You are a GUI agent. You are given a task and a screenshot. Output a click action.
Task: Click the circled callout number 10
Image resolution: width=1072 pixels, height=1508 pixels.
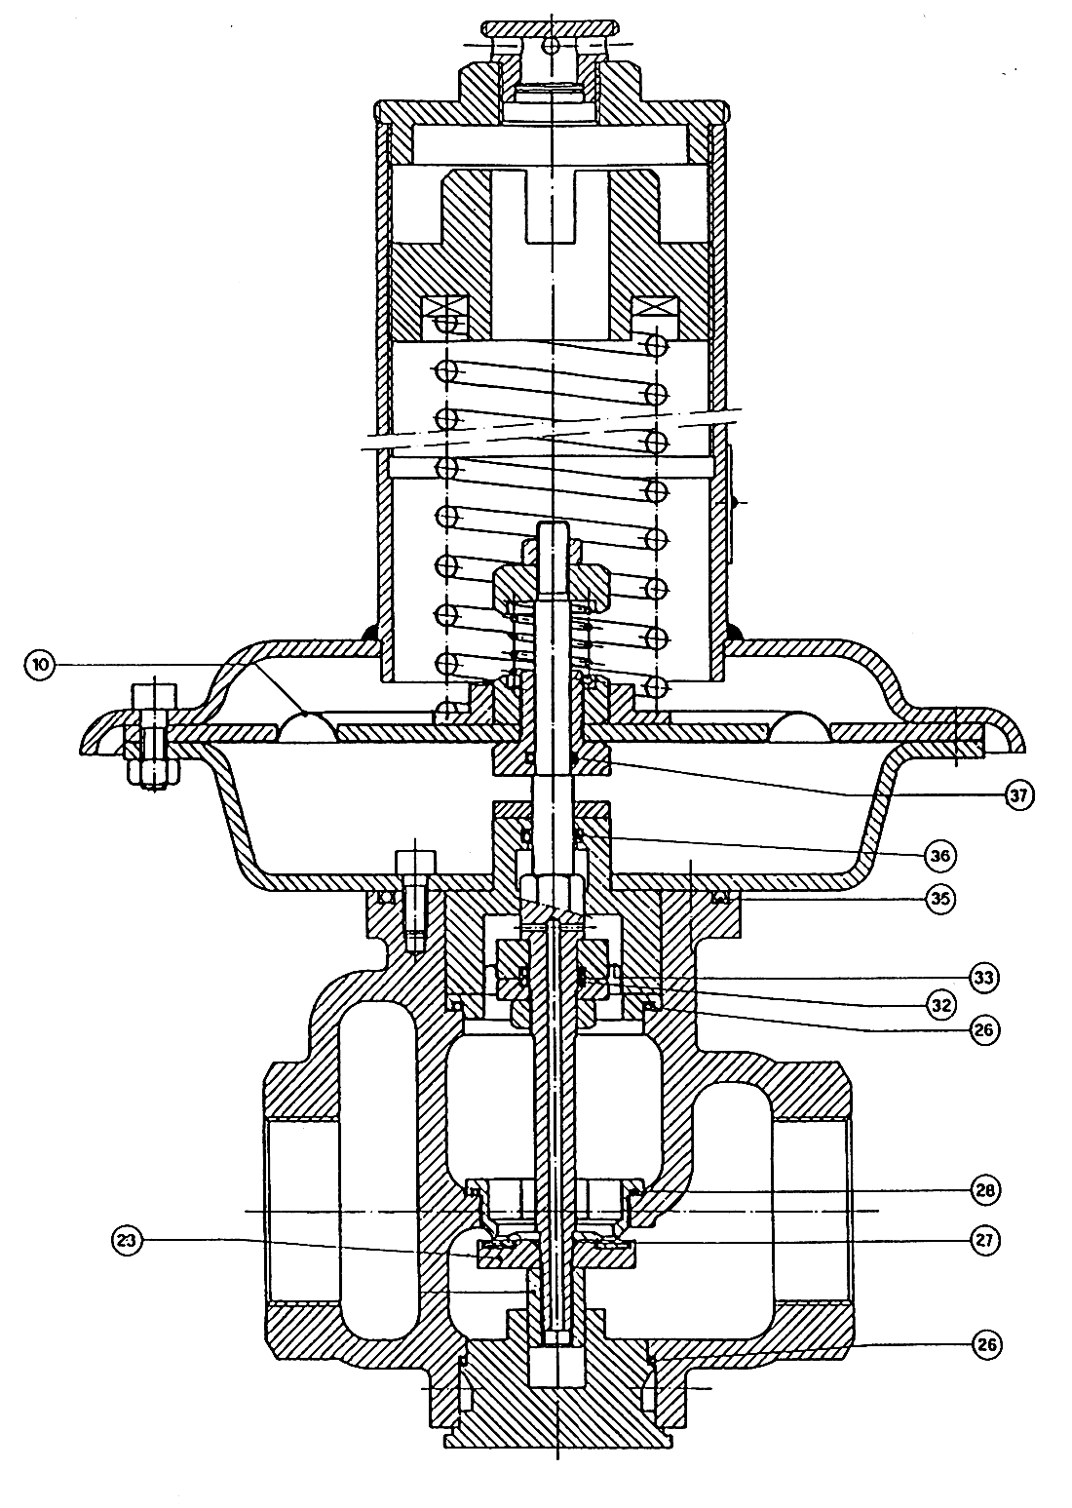tap(40, 665)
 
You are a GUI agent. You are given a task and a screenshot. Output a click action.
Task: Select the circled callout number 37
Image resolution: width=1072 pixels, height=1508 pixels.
tap(1019, 795)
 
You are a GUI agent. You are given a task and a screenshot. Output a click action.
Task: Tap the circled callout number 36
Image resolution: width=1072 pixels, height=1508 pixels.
tap(939, 856)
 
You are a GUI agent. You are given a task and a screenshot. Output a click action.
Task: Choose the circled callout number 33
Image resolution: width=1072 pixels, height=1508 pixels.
tap(983, 977)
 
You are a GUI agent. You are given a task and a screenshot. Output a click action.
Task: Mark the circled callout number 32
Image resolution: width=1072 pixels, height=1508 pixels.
tap(940, 1005)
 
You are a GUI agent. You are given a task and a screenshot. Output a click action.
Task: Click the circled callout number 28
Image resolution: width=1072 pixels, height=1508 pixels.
tap(983, 1189)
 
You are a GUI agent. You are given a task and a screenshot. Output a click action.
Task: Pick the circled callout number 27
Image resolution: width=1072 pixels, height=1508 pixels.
tap(983, 1240)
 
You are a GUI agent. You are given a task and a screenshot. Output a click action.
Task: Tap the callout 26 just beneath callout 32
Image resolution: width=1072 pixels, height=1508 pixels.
tap(983, 1030)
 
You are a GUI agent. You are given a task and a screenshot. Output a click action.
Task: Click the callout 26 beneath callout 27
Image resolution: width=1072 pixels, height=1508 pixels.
tap(983, 1346)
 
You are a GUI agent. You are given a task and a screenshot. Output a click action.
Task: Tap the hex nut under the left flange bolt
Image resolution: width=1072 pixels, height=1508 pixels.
tap(154, 774)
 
